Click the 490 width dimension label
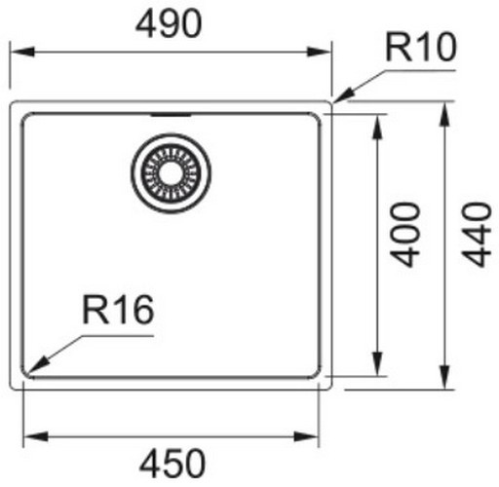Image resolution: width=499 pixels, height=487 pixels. (x=169, y=23)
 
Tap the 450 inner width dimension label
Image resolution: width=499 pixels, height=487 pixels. (x=173, y=464)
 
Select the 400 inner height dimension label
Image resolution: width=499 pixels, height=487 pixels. (x=405, y=235)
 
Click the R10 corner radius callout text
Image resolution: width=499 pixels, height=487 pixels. (x=421, y=47)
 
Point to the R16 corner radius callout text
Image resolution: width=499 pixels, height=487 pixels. (x=118, y=310)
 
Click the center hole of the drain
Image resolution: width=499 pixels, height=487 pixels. (x=171, y=173)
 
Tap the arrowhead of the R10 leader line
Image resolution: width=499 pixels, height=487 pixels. (x=344, y=95)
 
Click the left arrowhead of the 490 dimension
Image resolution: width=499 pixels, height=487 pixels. (x=22, y=52)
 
